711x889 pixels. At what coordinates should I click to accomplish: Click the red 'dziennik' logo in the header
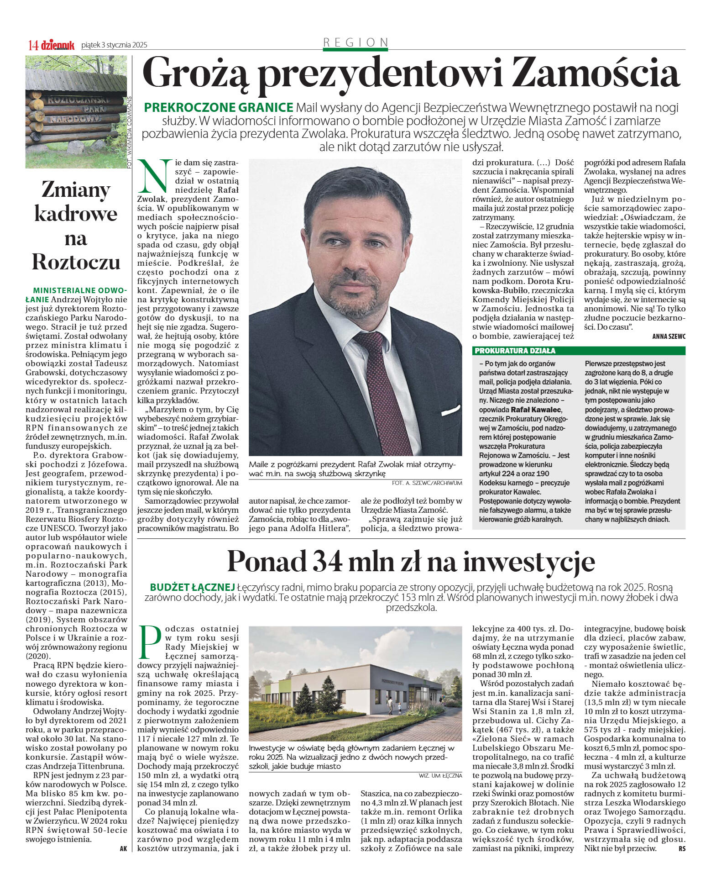click(x=58, y=45)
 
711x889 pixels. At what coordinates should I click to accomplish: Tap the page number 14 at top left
click(x=33, y=45)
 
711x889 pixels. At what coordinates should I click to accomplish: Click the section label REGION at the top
click(x=355, y=42)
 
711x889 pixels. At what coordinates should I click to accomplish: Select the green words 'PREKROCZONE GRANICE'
click(x=219, y=108)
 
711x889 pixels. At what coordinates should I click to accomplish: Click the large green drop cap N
click(x=154, y=175)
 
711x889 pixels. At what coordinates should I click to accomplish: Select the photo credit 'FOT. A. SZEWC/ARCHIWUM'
click(x=427, y=483)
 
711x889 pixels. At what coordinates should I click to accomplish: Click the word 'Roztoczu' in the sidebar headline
click(x=76, y=262)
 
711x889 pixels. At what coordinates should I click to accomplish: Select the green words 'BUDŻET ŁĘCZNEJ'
click(x=192, y=587)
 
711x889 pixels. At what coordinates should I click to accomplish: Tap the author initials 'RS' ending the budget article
click(x=681, y=848)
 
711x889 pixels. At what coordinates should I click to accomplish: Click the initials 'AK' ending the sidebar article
click(x=123, y=848)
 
